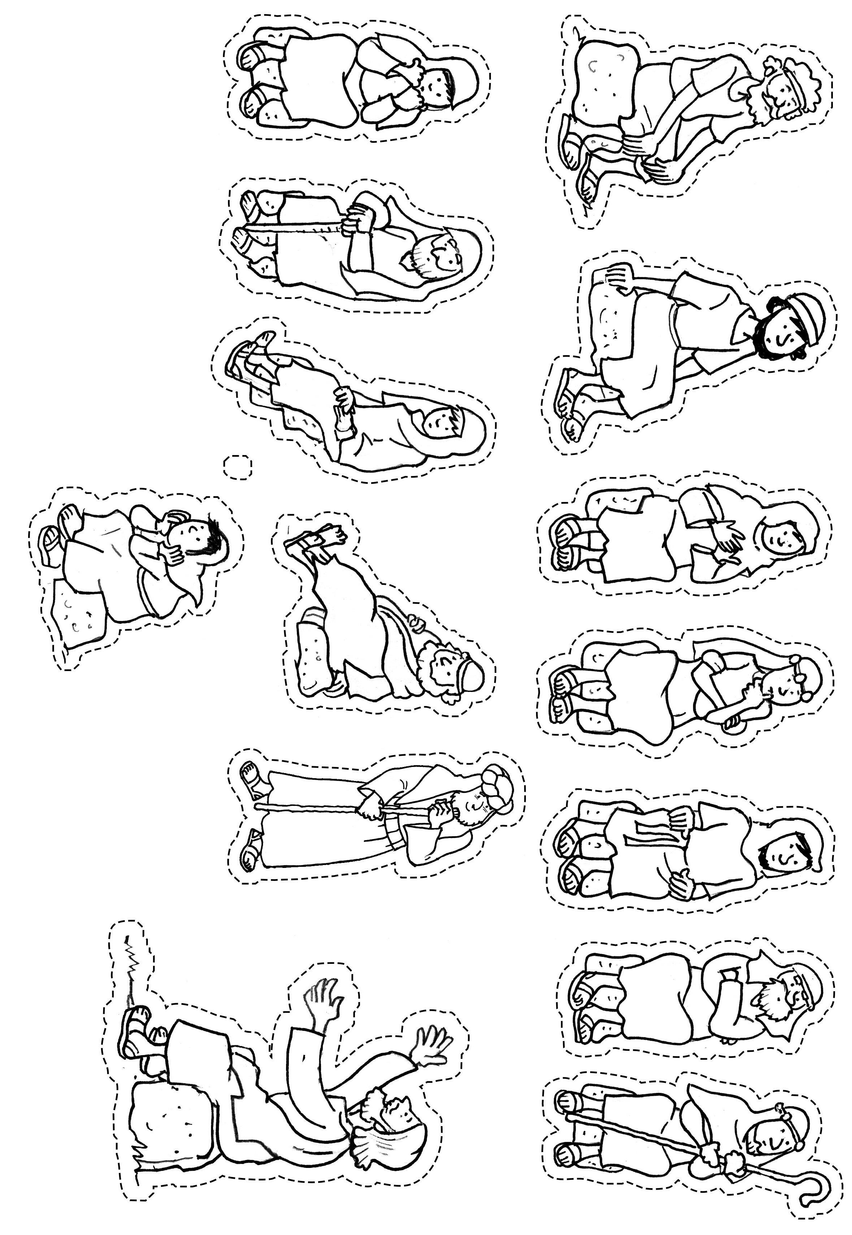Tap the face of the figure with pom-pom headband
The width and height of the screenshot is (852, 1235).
781,688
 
